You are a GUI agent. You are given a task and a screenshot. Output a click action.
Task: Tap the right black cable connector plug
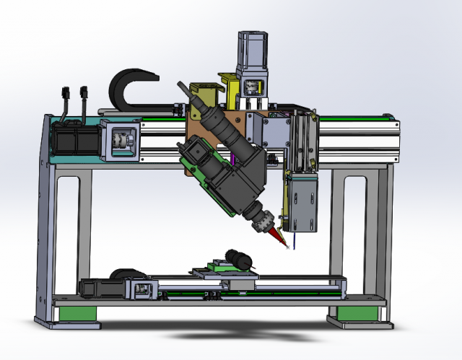(x=85, y=94)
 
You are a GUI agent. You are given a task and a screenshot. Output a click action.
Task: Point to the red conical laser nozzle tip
(x=280, y=238)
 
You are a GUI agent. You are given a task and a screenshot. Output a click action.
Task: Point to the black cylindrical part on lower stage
(x=237, y=258)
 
